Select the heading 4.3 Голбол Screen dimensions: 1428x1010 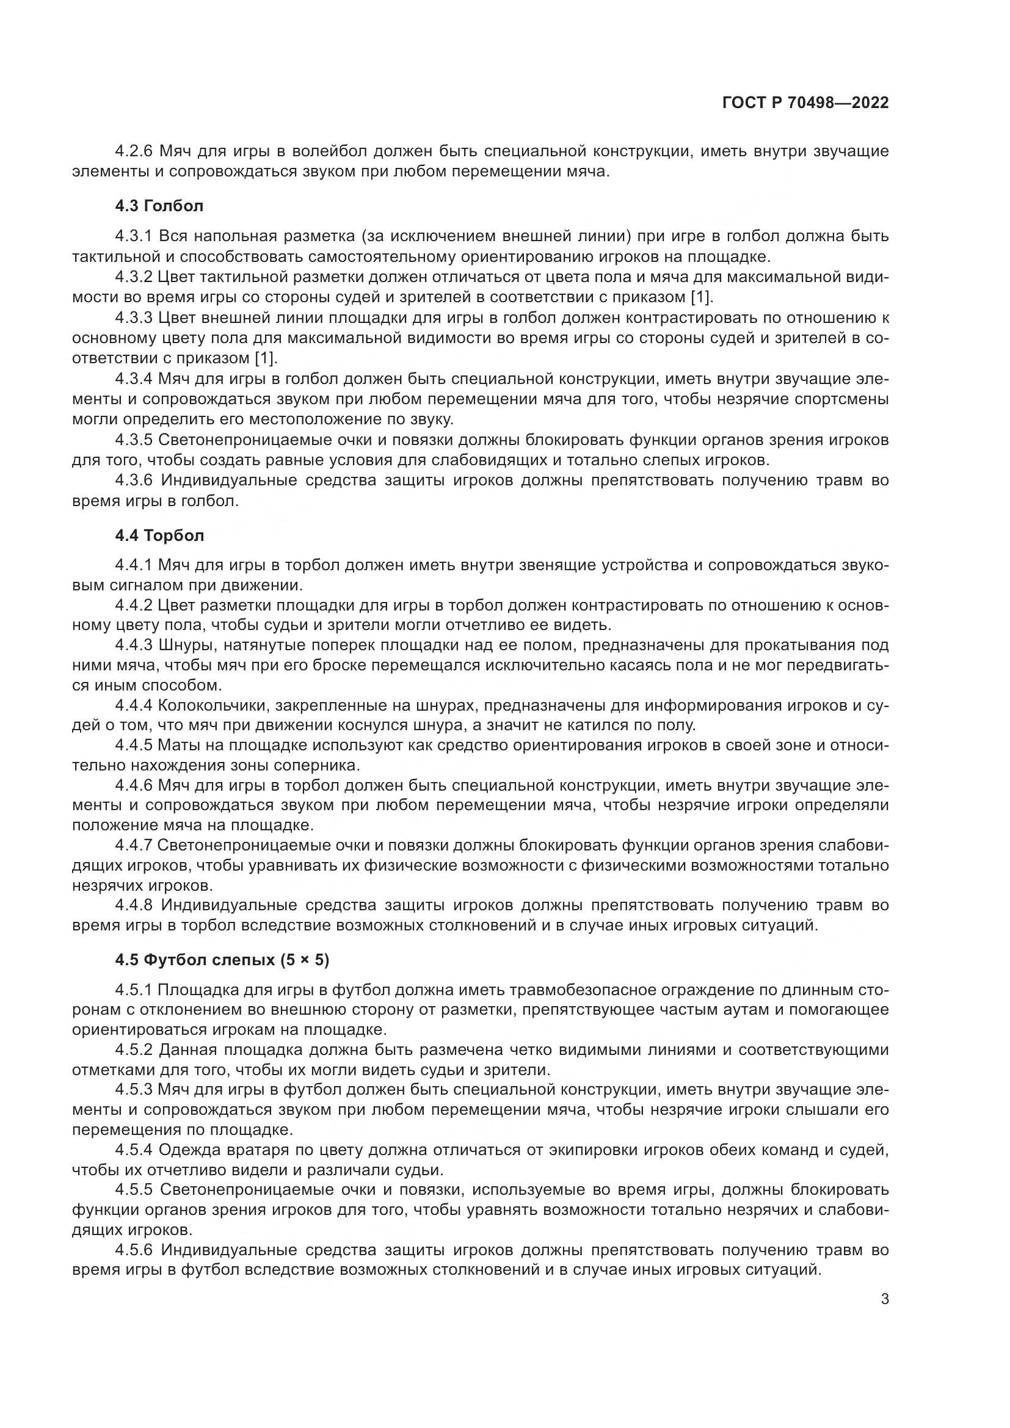pos(159,206)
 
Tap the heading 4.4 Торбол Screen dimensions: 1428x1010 pos(159,535)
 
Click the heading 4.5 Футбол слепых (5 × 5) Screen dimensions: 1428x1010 pos(222,960)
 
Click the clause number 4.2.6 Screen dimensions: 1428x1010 pos(134,151)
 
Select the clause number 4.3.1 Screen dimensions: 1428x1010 pos(134,236)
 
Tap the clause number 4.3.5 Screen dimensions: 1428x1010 pos(134,440)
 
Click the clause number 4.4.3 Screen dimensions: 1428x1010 pos(134,645)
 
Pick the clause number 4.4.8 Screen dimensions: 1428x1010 pos(134,905)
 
